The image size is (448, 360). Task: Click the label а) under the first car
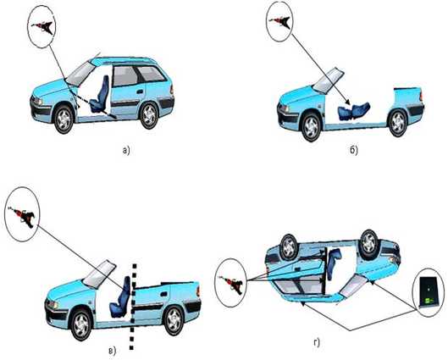125,150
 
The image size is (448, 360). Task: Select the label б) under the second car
354,150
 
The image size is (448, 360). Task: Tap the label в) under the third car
113,351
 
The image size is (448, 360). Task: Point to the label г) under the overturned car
317,342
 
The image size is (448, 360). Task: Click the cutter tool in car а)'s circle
44,27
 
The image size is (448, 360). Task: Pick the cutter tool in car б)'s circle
281,22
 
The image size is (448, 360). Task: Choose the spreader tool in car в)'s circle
23,216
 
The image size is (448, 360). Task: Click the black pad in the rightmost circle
429,291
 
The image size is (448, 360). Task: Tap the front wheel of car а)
64,119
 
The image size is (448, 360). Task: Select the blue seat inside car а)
99,94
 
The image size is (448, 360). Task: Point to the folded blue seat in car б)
354,111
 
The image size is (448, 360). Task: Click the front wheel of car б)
312,127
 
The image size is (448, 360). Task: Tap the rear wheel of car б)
398,123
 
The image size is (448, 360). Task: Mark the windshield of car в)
99,274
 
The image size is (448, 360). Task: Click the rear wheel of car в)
174,320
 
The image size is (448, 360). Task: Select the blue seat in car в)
120,297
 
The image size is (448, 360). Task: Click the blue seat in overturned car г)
334,263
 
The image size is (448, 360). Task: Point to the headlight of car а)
37,101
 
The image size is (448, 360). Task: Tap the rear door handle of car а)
140,92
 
